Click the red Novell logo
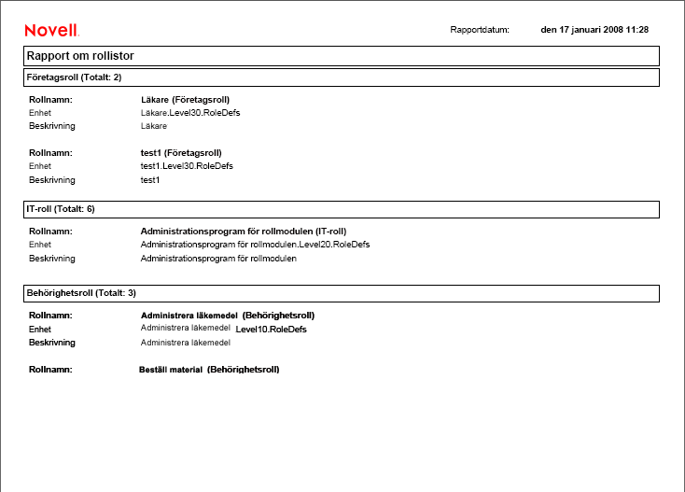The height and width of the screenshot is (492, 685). coord(51,30)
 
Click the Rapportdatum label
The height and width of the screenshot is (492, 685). coord(480,30)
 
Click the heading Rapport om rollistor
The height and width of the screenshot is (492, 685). coord(80,56)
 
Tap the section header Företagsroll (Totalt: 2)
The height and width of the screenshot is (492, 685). coord(73,77)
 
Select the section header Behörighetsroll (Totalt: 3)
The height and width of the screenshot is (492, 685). coord(80,293)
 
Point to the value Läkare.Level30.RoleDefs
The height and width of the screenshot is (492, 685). coord(184,112)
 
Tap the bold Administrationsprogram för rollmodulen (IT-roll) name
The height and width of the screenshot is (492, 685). coord(249,231)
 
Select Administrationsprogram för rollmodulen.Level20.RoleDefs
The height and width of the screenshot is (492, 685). coord(255,245)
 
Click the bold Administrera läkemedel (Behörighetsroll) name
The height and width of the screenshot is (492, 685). coord(227,316)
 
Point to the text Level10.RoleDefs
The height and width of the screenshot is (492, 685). coord(272,330)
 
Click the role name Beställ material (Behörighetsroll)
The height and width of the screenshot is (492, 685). coord(209,370)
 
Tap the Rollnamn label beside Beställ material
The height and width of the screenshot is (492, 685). coord(50,370)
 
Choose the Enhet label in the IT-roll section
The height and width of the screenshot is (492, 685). coord(39,245)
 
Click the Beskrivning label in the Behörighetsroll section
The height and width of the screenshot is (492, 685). coord(51,343)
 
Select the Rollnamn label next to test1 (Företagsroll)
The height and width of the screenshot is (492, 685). coord(50,152)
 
